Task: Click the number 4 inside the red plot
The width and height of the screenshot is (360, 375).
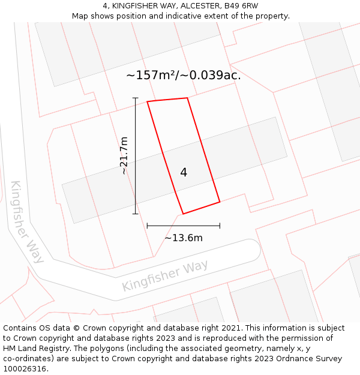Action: coord(184,173)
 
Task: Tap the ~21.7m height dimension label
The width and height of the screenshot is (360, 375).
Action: coord(124,155)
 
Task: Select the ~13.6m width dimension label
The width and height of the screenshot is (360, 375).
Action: coord(184,238)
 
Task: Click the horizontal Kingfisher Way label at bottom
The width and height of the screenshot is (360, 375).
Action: coord(165,276)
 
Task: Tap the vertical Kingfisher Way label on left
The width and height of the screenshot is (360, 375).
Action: coord(28,221)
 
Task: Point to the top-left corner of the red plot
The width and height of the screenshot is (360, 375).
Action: coord(148,101)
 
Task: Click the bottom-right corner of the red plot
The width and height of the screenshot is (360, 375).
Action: coord(220,202)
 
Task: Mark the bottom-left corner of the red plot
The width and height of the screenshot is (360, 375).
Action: coord(183,214)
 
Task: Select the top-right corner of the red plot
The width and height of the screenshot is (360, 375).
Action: coord(188,98)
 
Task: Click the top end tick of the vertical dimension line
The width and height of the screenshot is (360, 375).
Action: coord(136,98)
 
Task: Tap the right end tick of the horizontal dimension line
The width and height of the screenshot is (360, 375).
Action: coord(220,226)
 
